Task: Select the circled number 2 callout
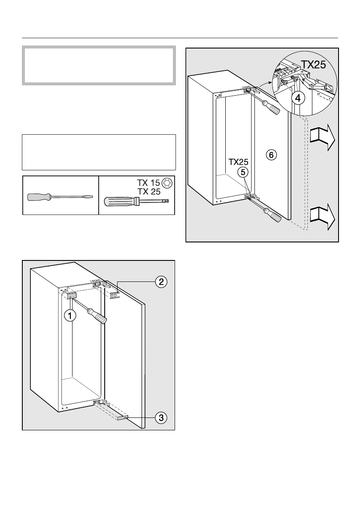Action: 160,282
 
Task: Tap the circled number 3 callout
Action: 160,417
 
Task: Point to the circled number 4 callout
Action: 299,98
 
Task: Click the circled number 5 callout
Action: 242,172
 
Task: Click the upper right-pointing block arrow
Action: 323,137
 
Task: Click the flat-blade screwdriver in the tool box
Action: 58,197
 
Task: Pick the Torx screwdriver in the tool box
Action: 137,201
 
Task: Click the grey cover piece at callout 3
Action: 123,417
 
